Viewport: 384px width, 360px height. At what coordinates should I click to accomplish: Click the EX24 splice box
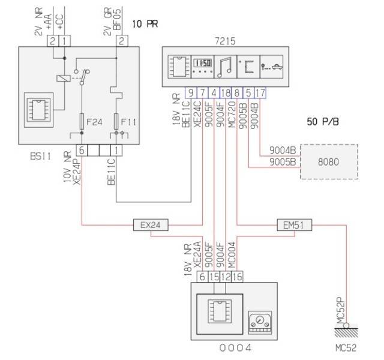[x=151, y=226]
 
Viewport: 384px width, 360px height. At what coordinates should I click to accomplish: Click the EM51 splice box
[x=294, y=226]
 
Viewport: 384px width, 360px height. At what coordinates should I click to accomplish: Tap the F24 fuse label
[x=95, y=122]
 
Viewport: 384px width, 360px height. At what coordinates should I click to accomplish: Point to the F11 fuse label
[x=130, y=122]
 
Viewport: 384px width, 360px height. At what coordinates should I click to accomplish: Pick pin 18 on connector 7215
[x=226, y=92]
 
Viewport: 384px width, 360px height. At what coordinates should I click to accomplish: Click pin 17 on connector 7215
[x=260, y=92]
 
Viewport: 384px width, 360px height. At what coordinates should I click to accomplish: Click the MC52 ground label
[x=346, y=347]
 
